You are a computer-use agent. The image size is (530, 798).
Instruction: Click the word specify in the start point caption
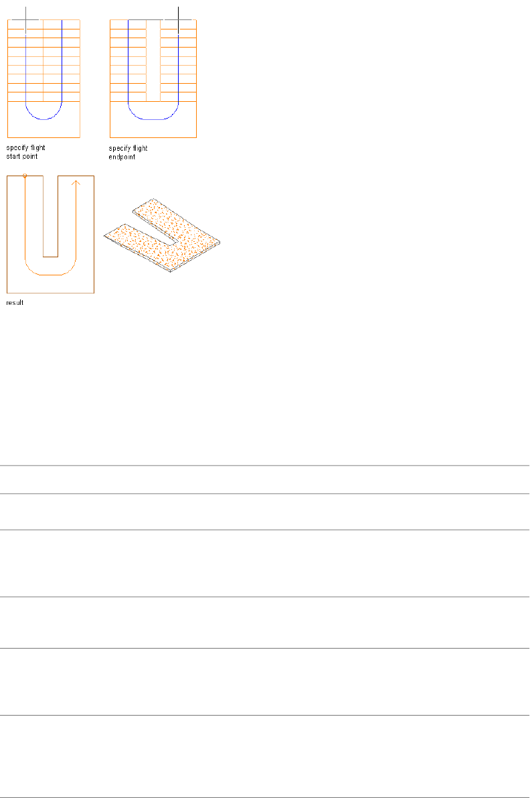pyautogui.click(x=16, y=148)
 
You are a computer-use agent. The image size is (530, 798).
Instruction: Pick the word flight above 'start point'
pyautogui.click(x=37, y=148)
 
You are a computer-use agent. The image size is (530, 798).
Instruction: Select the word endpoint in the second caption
pyautogui.click(x=122, y=157)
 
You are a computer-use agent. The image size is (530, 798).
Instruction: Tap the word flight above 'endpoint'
pyautogui.click(x=140, y=148)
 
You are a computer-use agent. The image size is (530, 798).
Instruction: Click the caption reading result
pyautogui.click(x=14, y=303)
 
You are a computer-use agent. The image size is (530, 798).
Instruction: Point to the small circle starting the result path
pyautogui.click(x=25, y=176)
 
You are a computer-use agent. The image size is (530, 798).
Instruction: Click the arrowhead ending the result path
pyautogui.click(x=76, y=182)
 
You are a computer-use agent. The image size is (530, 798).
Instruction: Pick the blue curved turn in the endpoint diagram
pyautogui.click(x=153, y=118)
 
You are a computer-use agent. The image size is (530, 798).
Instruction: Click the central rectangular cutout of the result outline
pyautogui.click(x=50, y=214)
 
